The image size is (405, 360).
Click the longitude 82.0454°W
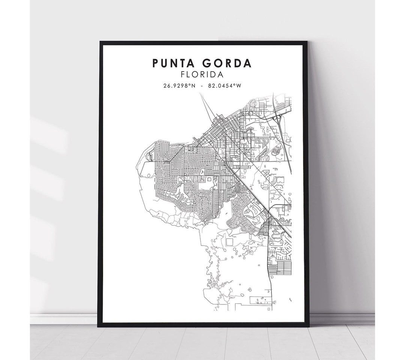coord(225,86)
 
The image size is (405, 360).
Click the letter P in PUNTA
coord(156,63)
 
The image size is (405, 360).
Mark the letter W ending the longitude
coord(238,86)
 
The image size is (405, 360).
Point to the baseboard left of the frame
coord(64,319)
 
